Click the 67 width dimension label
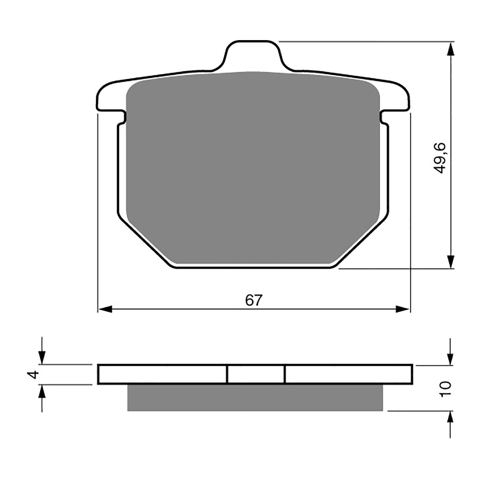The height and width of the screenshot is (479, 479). [x=254, y=300]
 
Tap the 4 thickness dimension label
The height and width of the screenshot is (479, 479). [x=34, y=375]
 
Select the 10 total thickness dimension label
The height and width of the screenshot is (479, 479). [x=446, y=389]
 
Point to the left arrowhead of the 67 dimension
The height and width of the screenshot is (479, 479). [x=104, y=309]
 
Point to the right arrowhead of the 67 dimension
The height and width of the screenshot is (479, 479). [x=403, y=309]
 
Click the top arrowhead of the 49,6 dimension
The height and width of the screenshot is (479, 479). [x=450, y=50]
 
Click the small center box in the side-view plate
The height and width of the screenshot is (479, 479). [x=256, y=375]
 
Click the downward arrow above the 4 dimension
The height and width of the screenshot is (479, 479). [x=42, y=356]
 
